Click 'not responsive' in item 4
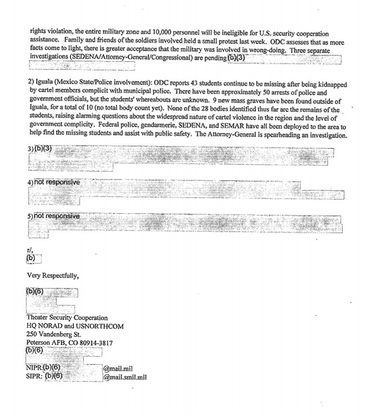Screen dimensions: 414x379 tap(57, 182)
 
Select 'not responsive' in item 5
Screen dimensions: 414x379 tap(57, 216)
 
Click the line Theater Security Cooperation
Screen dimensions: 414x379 tap(67, 318)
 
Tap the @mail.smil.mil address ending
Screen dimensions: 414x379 tap(125, 377)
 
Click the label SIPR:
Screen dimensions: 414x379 tap(34, 377)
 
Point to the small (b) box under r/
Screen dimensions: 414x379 tap(30, 259)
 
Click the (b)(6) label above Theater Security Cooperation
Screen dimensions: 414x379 tap(35, 292)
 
